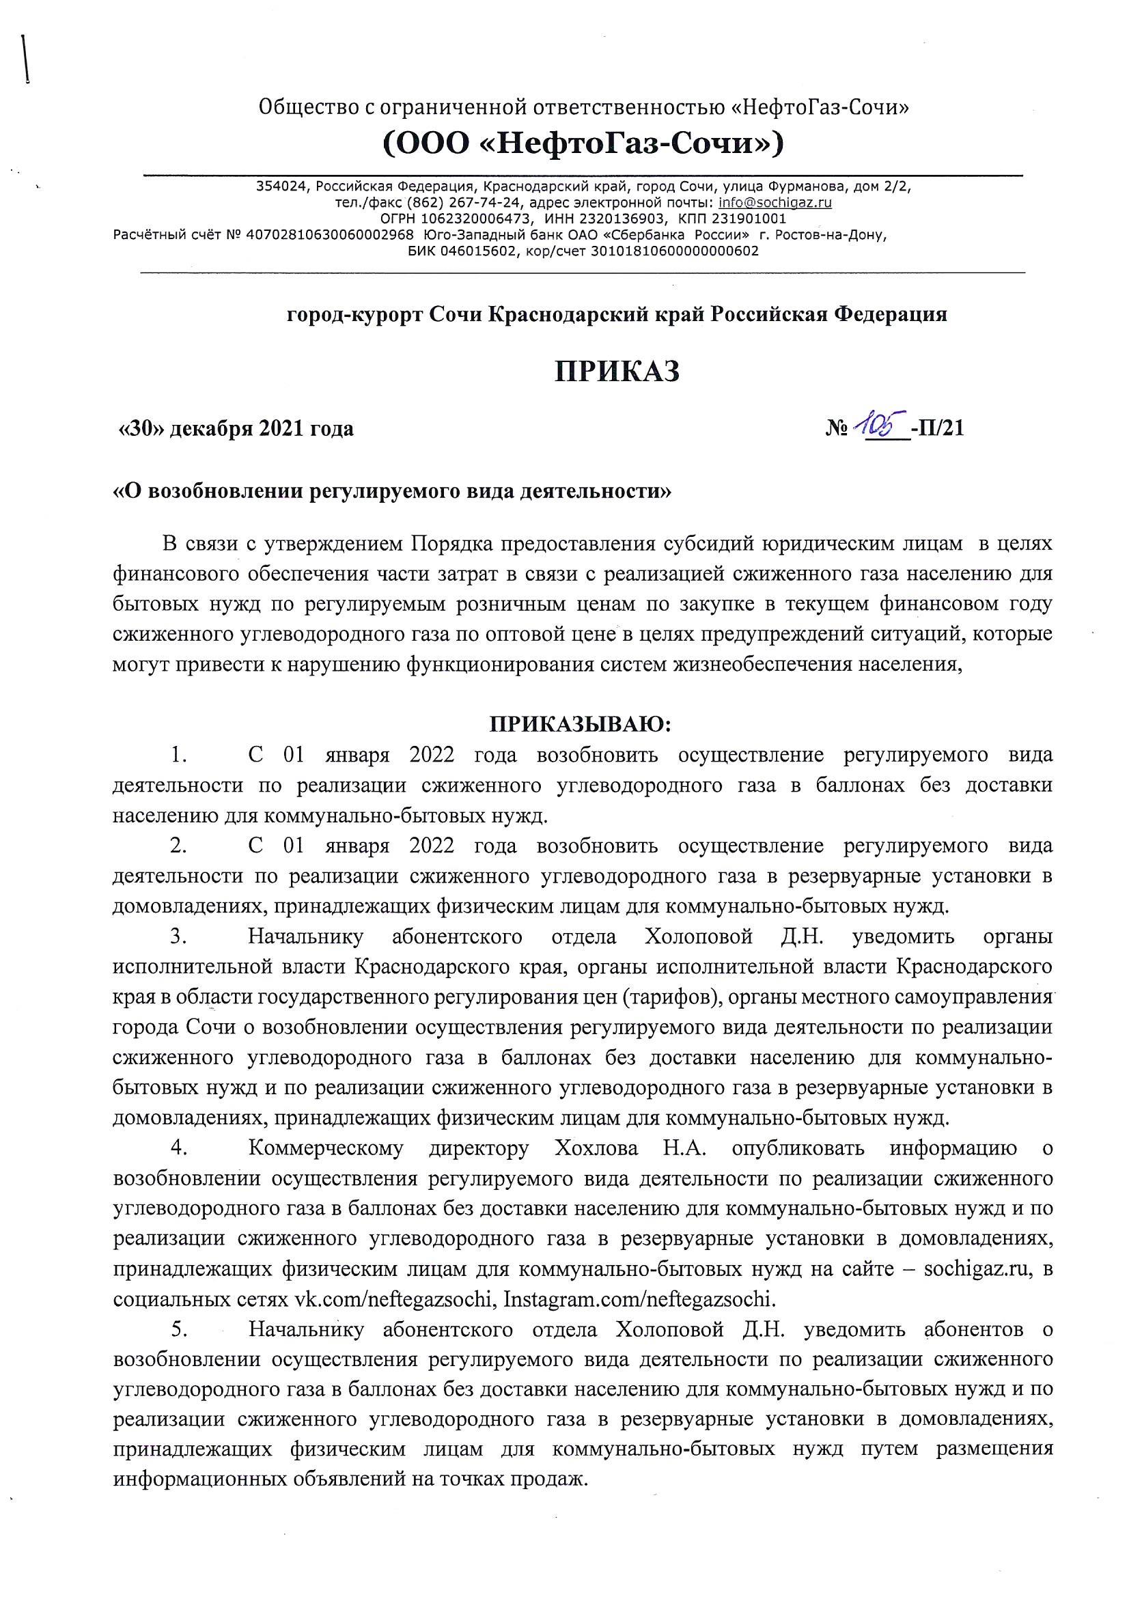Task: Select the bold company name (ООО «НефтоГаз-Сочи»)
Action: (x=583, y=144)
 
